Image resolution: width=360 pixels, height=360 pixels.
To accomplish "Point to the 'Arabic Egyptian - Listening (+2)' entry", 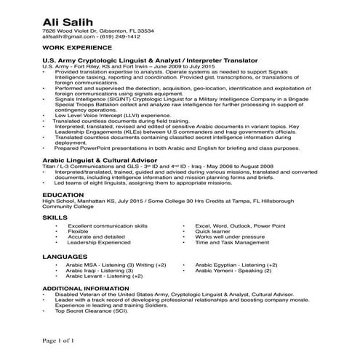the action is point(236,266).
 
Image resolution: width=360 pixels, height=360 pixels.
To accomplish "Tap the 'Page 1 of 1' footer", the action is point(58,340).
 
